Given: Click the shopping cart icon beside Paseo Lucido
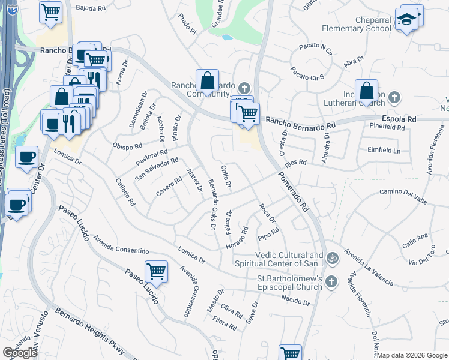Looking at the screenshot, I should pyautogui.click(x=156, y=271).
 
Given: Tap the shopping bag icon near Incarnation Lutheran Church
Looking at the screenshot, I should pyautogui.click(x=366, y=91).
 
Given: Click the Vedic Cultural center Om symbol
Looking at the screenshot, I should pyautogui.click(x=333, y=259).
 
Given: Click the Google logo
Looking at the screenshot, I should pyautogui.click(x=20, y=353).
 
